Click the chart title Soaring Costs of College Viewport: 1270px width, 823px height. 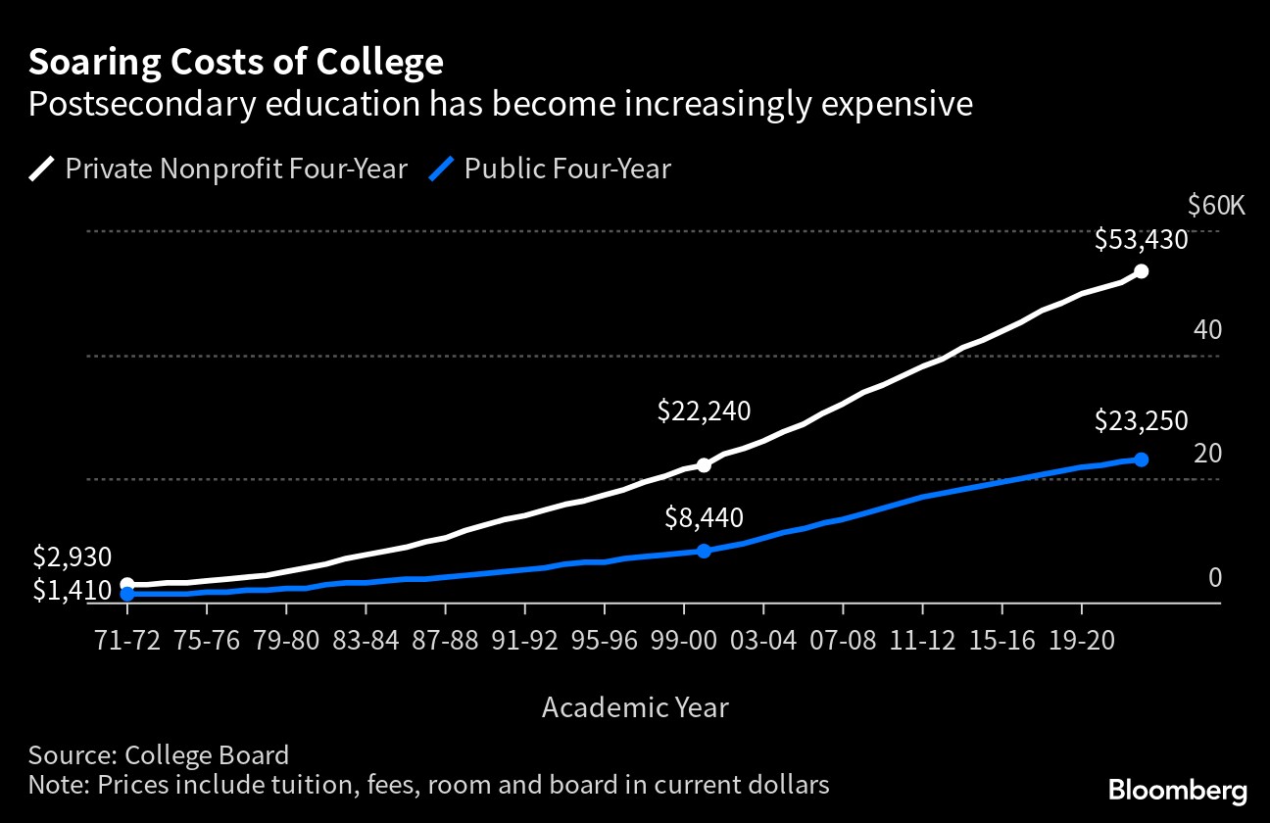(x=235, y=63)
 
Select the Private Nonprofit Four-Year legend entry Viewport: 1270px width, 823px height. (x=218, y=169)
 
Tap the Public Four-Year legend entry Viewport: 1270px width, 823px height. (x=550, y=169)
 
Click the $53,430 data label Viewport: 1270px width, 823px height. (x=1141, y=240)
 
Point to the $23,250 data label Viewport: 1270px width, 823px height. (x=1141, y=421)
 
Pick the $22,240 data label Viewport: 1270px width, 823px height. (x=704, y=411)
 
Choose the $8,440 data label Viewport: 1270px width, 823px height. (x=704, y=517)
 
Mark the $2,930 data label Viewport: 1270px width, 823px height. (x=73, y=557)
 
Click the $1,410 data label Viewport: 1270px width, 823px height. (x=73, y=590)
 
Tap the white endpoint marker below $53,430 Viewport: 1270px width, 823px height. (x=1141, y=271)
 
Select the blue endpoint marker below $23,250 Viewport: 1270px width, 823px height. (x=1141, y=459)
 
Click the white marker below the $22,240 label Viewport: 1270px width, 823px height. (x=704, y=465)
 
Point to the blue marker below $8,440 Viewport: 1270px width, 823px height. (x=704, y=551)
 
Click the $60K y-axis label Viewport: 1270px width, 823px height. (x=1215, y=206)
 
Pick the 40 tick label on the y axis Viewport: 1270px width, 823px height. (x=1207, y=330)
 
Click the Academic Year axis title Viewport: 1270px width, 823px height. (x=635, y=706)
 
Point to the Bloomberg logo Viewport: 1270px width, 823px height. (x=1177, y=790)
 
